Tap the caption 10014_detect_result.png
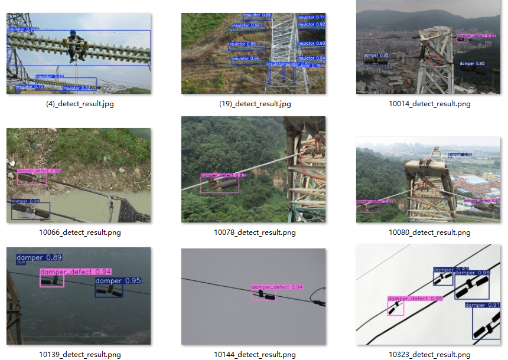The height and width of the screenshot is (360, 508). (x=429, y=104)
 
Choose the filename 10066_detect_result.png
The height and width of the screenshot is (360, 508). (x=79, y=233)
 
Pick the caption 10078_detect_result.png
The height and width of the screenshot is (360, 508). (x=255, y=233)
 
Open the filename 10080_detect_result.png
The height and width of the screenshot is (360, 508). (x=429, y=233)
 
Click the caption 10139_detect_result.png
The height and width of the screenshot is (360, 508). (x=79, y=355)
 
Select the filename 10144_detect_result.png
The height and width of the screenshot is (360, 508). (x=255, y=355)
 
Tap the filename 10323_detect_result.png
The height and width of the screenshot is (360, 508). (x=429, y=355)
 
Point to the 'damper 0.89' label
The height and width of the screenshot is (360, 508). (x=39, y=257)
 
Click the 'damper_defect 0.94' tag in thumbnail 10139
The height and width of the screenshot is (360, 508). (x=75, y=272)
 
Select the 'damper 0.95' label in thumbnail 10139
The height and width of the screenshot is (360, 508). (x=118, y=281)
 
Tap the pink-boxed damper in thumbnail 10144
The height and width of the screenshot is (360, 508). (x=263, y=295)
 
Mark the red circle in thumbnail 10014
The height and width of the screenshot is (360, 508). (x=435, y=59)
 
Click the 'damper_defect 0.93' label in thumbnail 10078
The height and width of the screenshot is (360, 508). (x=223, y=175)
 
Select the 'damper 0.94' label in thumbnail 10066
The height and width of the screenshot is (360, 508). (x=26, y=201)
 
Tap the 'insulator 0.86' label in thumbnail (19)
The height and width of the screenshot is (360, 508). (x=258, y=15)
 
